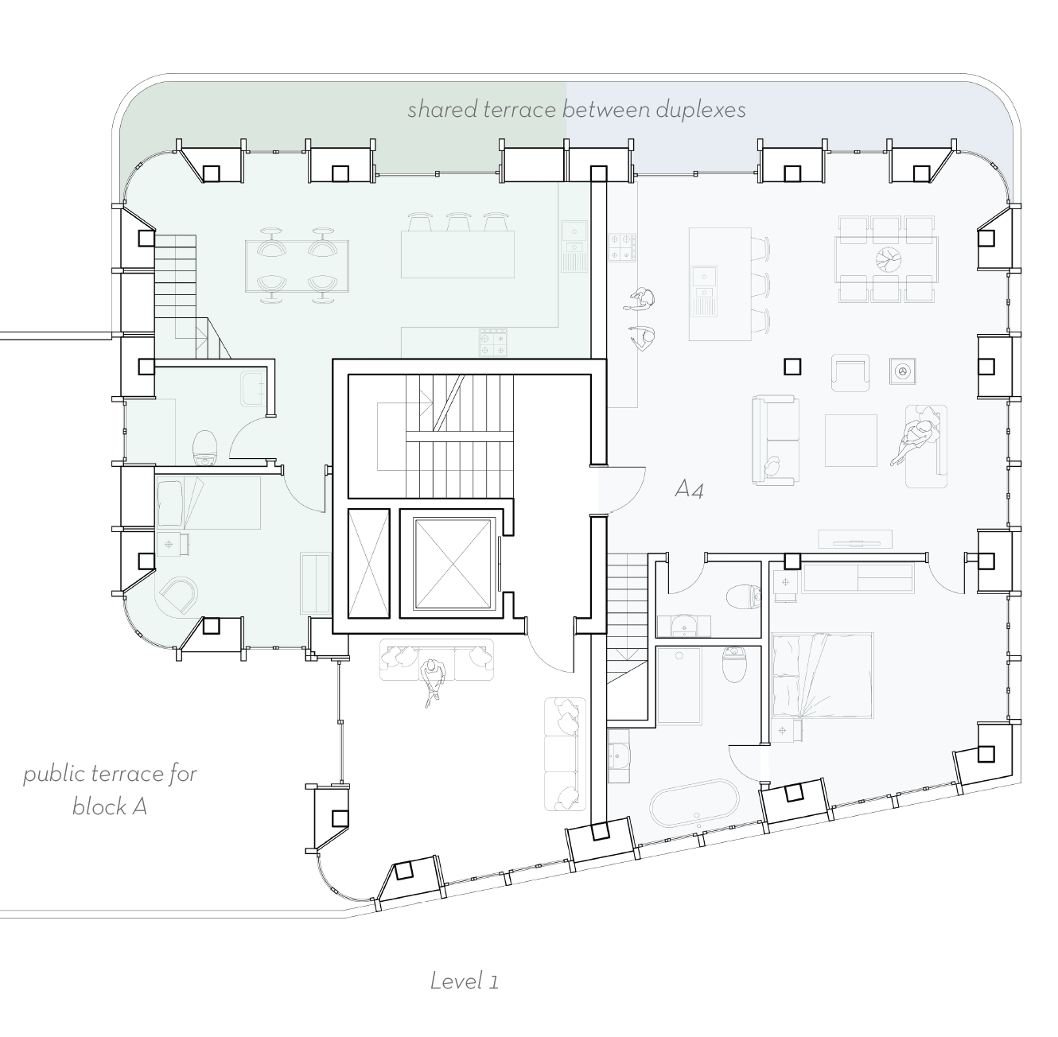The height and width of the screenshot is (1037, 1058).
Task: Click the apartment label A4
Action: click(x=689, y=488)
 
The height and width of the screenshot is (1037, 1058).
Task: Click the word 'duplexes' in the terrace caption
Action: click(x=701, y=110)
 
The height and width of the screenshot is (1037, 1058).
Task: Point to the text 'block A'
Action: click(x=109, y=806)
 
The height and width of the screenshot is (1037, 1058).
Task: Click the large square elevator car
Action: click(x=453, y=563)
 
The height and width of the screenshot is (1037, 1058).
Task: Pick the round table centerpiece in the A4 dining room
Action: click(x=888, y=259)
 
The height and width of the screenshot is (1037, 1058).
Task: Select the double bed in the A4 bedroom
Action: click(x=822, y=676)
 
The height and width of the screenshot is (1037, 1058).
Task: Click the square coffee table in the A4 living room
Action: click(x=850, y=441)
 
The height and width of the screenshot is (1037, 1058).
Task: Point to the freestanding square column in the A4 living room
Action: click(x=792, y=366)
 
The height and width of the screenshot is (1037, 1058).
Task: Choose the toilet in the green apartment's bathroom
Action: click(x=206, y=448)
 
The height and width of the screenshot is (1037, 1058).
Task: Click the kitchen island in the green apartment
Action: click(x=457, y=254)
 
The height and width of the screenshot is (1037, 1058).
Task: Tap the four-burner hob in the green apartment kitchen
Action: click(x=492, y=343)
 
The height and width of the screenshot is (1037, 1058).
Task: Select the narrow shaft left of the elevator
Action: click(x=369, y=563)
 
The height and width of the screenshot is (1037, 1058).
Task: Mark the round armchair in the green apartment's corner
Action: click(x=179, y=595)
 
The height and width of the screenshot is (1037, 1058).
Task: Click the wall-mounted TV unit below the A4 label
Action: click(x=855, y=539)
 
